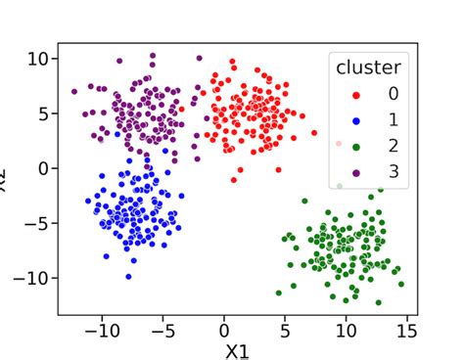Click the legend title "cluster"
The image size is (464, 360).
pyautogui.click(x=367, y=67)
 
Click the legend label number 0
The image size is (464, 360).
pyautogui.click(x=393, y=95)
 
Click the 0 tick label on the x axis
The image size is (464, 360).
pyautogui.click(x=224, y=330)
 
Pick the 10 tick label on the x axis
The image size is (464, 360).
pyautogui.click(x=347, y=330)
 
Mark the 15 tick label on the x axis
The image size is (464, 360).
pyautogui.click(x=407, y=330)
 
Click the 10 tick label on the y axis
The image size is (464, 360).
pyautogui.click(x=37, y=59)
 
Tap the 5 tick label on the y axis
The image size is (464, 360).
pyautogui.click(x=43, y=113)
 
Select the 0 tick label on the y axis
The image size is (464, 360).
pyautogui.click(x=43, y=168)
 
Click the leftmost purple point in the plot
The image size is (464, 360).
pyautogui.click(x=74, y=92)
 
